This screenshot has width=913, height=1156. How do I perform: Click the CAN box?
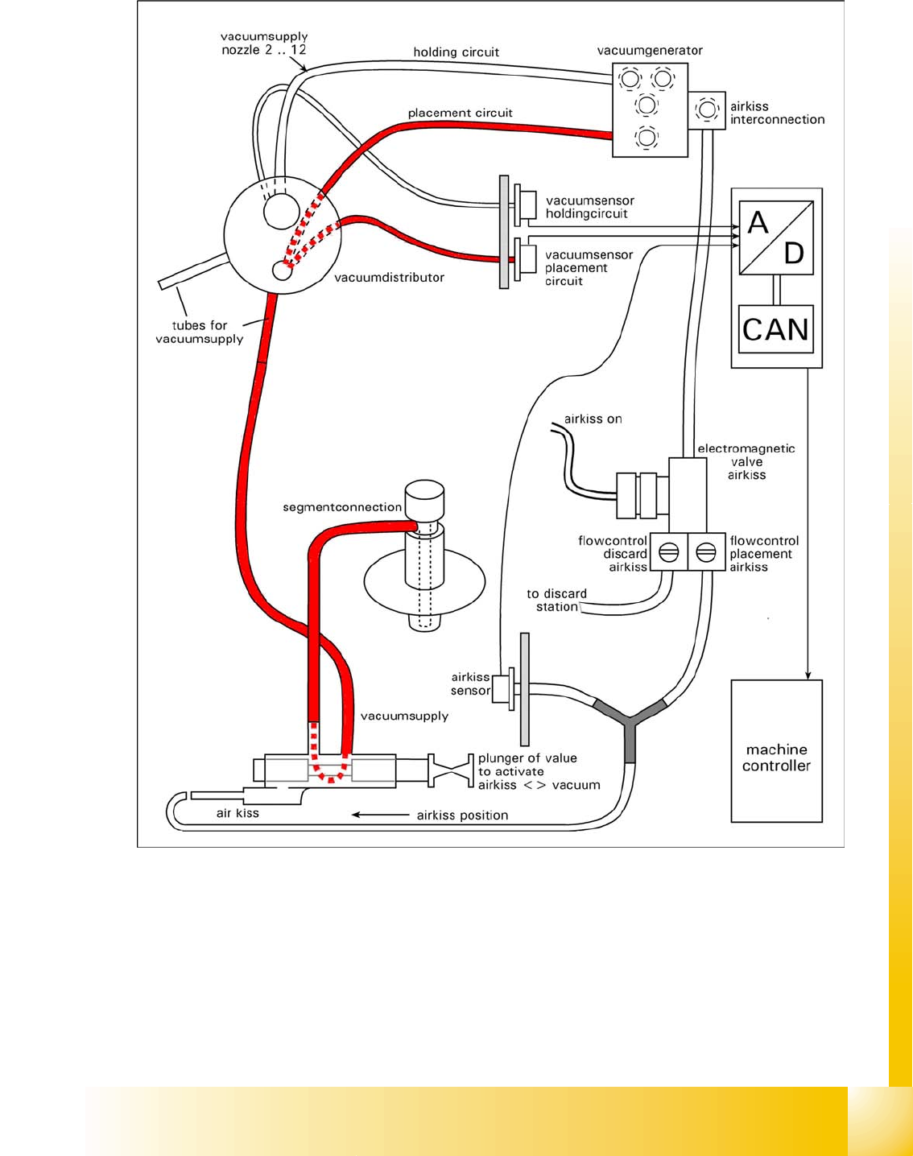pos(776,329)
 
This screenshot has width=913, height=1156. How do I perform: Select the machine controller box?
pos(776,750)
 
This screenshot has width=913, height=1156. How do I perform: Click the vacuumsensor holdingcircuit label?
pos(589,207)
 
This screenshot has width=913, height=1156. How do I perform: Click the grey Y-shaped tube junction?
pos(630,723)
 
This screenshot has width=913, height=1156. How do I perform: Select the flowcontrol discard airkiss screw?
pos(669,552)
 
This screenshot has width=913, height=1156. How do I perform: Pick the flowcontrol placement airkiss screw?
pos(706,552)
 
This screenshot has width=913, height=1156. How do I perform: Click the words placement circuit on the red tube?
pos(460,113)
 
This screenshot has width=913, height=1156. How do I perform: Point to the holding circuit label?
pos(456,52)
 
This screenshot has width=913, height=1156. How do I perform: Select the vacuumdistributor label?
pos(389,277)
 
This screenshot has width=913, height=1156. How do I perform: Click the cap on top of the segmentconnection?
pos(423,500)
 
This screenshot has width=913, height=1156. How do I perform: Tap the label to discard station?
pos(556,600)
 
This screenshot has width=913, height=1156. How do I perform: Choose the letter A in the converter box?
pos(758,222)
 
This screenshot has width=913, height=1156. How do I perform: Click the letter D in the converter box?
pos(794,254)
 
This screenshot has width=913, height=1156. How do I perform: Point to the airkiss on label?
pos(593,419)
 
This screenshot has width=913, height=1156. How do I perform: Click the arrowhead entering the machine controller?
pos(808,675)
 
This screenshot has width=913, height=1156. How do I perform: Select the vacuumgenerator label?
pos(650,50)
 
